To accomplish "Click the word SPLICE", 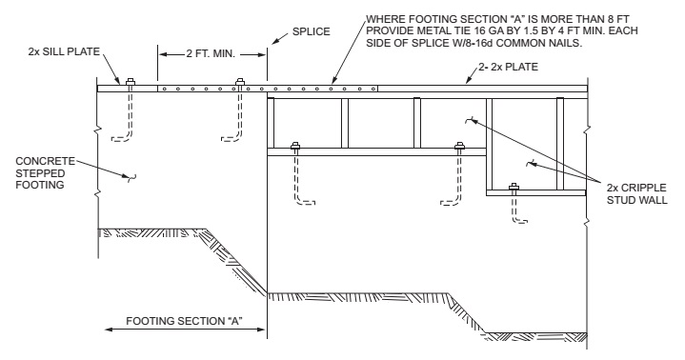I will [311, 31].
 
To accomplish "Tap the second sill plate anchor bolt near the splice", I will [239, 82].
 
